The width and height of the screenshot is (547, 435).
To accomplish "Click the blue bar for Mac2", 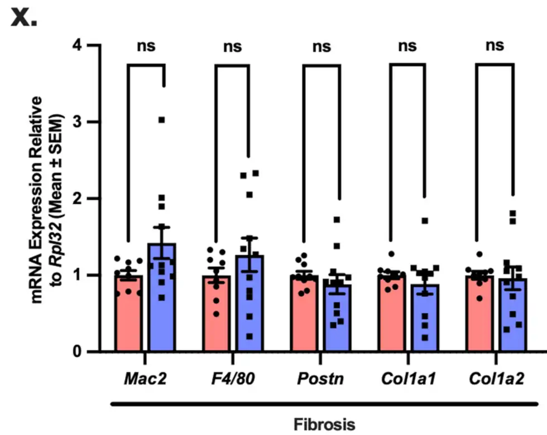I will pos(161,301).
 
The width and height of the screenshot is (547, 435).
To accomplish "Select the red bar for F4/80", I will pos(215,315).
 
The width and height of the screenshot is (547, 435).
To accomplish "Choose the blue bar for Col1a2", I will pos(512,318).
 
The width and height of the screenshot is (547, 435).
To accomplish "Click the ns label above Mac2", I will pos(146,46).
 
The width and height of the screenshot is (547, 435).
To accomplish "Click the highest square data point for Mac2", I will pos(161,120).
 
